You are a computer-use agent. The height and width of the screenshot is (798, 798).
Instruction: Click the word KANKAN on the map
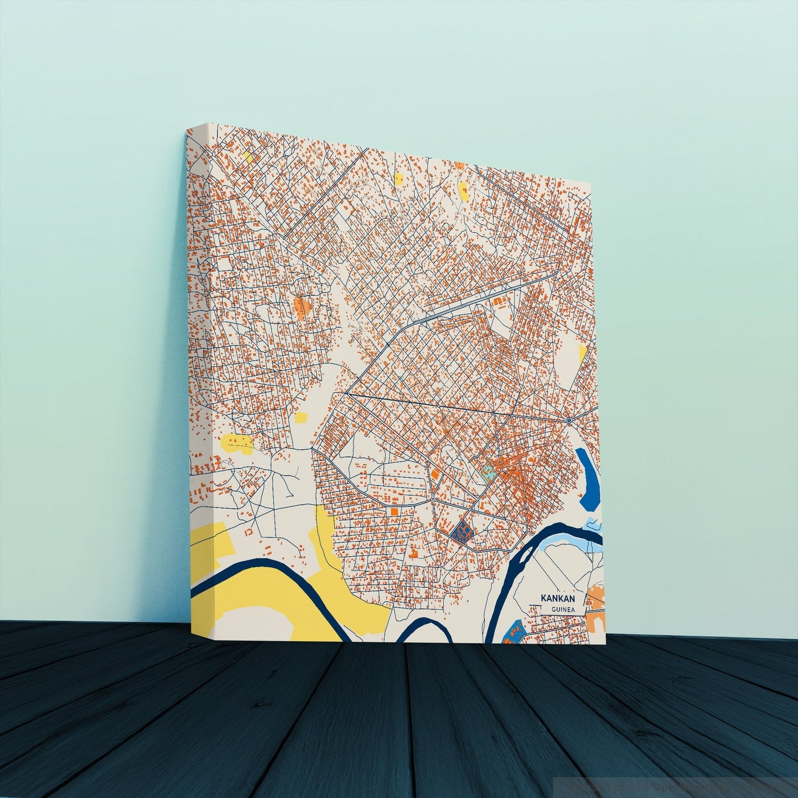point(558,598)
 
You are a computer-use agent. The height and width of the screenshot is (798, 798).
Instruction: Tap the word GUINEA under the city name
point(563,609)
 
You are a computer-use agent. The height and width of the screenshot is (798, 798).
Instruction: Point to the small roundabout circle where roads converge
point(568,421)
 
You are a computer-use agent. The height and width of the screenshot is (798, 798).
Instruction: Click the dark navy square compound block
point(461,531)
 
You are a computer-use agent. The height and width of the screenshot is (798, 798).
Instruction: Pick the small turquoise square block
point(487,471)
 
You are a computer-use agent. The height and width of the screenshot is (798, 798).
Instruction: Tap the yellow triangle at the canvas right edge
point(582,353)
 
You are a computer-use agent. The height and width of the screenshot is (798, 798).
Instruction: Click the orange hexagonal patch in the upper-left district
point(302,305)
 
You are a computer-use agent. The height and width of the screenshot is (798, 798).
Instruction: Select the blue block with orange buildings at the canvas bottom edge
point(514,633)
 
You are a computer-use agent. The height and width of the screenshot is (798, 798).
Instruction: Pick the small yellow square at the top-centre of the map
point(398,178)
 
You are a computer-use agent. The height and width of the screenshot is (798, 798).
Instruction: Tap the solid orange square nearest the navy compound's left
point(435,474)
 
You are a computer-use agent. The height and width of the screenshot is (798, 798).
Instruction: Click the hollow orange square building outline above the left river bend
point(249,532)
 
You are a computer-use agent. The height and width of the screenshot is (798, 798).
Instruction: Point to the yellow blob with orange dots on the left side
point(237,442)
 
